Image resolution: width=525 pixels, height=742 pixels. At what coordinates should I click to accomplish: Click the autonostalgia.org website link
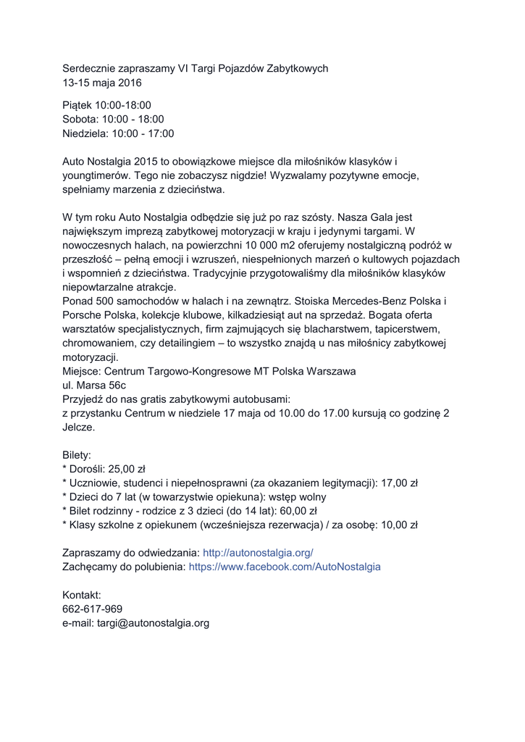[258, 552]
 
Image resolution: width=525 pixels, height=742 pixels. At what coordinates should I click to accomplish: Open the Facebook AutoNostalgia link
[285, 567]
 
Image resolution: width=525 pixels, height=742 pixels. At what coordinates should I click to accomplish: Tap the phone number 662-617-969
[92, 609]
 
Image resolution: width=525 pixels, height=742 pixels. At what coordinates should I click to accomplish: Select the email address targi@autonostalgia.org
[153, 622]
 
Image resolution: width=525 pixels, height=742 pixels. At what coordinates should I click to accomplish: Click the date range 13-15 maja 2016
[102, 83]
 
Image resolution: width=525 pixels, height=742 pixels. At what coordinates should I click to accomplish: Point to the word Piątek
[77, 105]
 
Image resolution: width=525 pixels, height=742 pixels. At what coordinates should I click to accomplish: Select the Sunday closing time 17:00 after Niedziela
[160, 133]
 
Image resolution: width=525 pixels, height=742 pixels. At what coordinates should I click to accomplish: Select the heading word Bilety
[77, 455]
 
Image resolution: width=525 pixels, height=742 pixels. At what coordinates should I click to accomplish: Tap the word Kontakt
[82, 595]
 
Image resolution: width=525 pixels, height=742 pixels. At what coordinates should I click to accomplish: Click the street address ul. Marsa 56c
[94, 385]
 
